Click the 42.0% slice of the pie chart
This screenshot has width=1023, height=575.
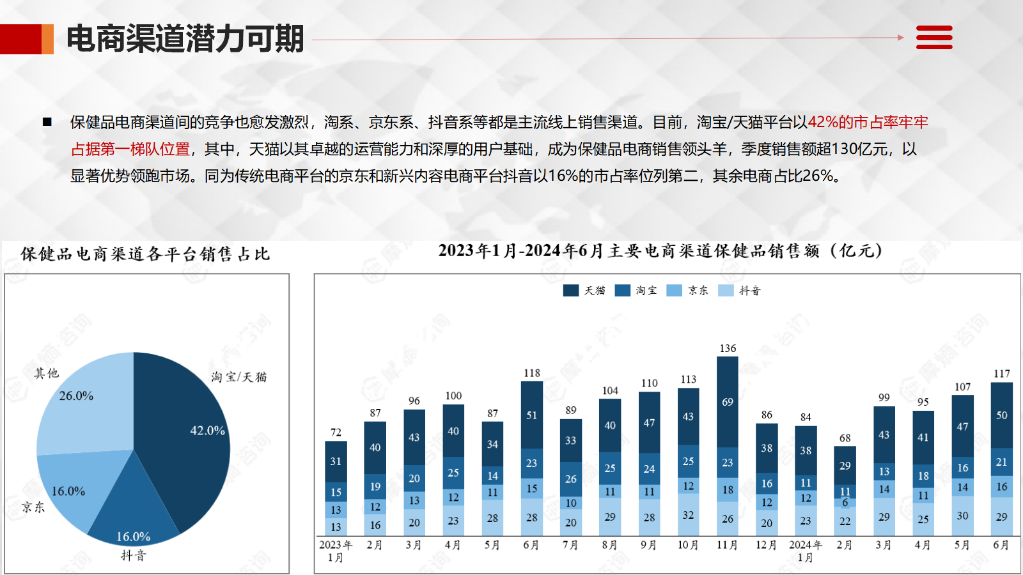pos(185,441)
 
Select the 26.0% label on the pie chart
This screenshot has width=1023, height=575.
pos(76,396)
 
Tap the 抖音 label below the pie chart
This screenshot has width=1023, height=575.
pos(134,556)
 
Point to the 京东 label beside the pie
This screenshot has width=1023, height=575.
pos(33,507)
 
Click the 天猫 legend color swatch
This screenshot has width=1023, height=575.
pos(570,291)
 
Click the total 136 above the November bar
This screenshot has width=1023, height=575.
pos(728,349)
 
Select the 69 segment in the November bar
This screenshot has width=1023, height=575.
pos(728,402)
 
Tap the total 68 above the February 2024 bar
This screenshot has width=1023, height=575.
pos(845,438)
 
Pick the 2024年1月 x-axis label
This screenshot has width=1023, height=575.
pos(805,551)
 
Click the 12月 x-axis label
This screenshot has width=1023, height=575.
pos(766,545)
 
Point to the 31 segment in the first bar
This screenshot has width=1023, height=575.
pos(336,461)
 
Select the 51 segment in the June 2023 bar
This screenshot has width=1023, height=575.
pos(531,415)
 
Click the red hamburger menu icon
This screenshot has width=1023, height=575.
pos(934,38)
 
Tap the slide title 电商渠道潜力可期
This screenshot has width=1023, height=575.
pos(185,38)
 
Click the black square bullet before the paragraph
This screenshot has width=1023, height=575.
pos(47,122)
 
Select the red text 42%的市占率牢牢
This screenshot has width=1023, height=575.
pos(868,122)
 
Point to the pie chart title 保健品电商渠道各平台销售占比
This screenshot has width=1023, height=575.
pos(145,254)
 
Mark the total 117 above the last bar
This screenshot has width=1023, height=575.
pos(1001,374)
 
